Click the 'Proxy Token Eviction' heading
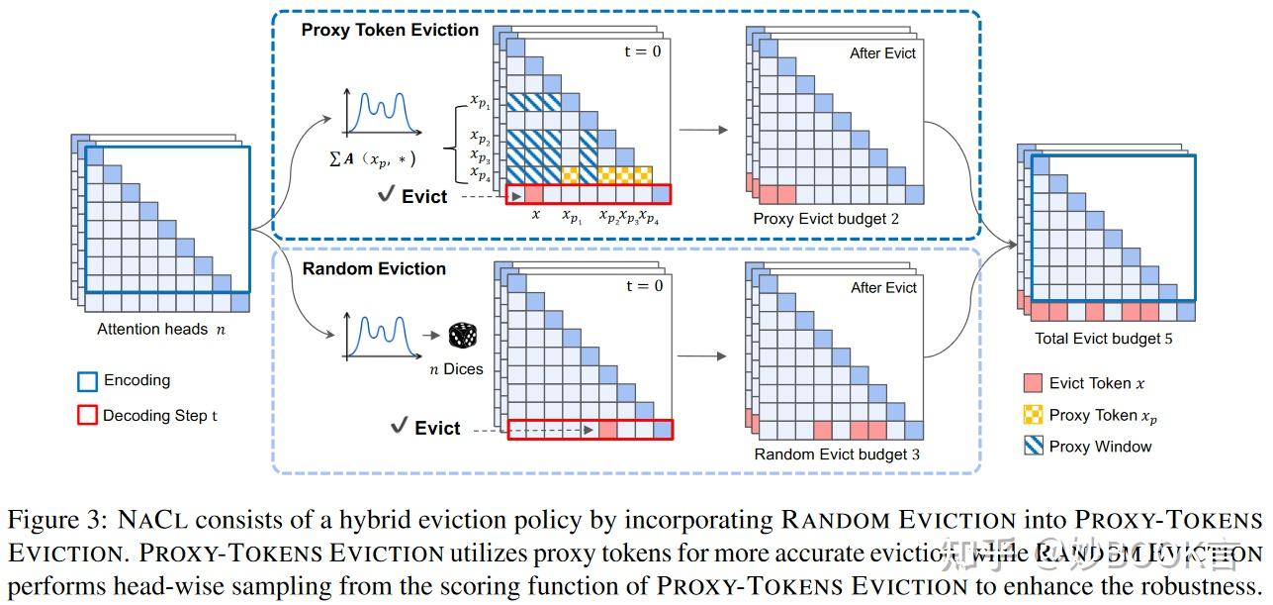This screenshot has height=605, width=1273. (390, 31)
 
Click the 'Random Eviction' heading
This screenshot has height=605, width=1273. (374, 269)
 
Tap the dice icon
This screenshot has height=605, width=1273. (462, 336)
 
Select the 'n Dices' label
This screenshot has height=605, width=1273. (456, 369)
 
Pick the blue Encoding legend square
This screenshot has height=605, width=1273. (87, 381)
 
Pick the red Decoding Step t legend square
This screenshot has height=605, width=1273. (87, 416)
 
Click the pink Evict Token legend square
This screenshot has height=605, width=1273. (1034, 383)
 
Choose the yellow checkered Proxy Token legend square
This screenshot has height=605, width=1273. (1034, 415)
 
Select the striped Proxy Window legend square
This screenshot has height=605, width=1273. (1034, 447)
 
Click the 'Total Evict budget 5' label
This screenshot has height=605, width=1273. (1104, 339)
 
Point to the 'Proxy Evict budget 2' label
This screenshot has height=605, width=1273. (826, 219)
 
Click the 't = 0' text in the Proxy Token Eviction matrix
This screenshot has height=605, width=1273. (643, 51)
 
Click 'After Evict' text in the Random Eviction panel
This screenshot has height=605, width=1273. (883, 288)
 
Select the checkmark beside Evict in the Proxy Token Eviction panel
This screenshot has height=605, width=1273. (387, 196)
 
